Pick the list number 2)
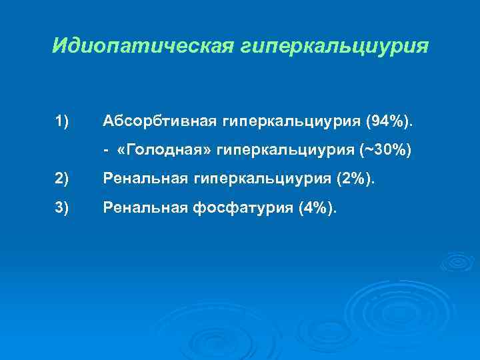coord(63,178)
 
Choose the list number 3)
coord(63,209)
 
